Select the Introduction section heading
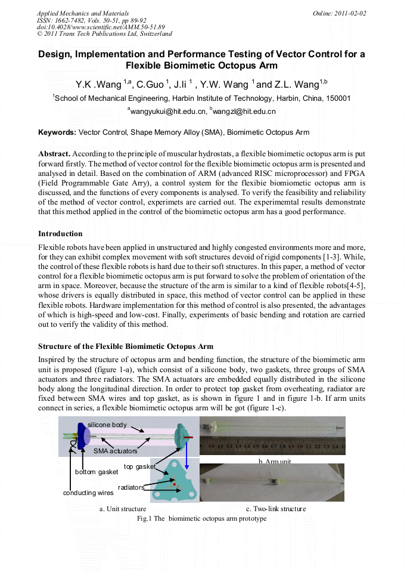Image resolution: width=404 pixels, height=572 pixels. pos(60,233)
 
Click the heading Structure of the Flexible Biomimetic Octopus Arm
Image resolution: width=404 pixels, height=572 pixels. pos(126,346)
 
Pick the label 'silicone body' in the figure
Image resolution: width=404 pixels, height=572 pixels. pos(107,425)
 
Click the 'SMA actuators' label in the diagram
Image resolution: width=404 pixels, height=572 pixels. pos(115,452)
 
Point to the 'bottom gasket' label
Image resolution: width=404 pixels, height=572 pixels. pos(96,472)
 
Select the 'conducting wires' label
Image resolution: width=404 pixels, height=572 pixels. pos(88,493)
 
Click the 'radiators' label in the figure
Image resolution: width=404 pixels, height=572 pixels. pos(130,487)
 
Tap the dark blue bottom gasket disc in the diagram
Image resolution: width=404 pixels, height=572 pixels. pos(81,438)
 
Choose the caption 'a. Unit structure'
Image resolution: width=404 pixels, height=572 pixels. pos(123,509)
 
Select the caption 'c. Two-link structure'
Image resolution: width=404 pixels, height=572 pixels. pos(276,509)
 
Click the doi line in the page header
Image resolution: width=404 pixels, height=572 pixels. pos(101,27)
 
